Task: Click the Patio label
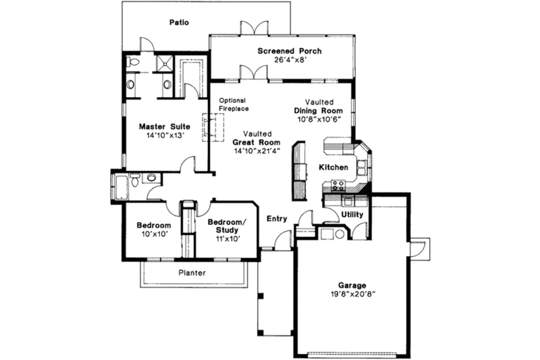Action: (x=178, y=23)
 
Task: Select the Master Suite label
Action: (x=165, y=126)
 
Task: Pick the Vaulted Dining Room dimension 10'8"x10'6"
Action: (x=319, y=119)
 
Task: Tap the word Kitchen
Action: (x=333, y=167)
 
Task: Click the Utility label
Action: (x=352, y=215)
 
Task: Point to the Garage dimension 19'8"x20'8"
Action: (x=352, y=294)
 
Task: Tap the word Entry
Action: (x=277, y=219)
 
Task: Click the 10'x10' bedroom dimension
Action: (x=153, y=234)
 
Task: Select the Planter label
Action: (x=192, y=273)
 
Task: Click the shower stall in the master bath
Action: (x=164, y=64)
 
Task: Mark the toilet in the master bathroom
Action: (x=134, y=63)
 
